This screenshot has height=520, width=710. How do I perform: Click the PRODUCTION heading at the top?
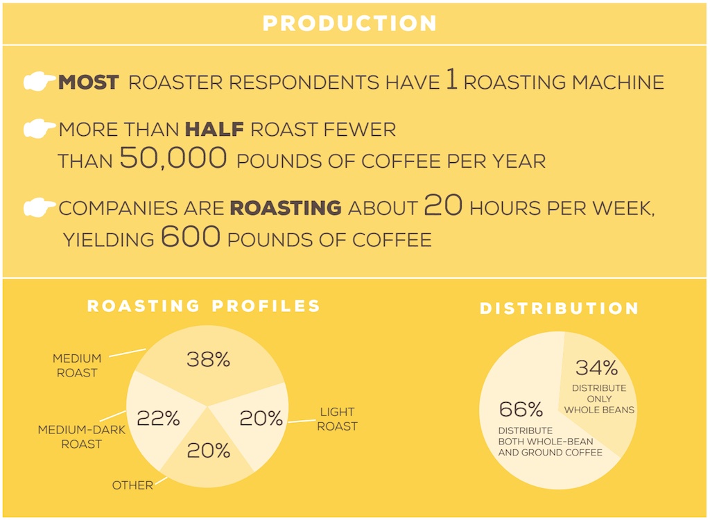click(349, 24)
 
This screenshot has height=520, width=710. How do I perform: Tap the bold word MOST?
click(89, 83)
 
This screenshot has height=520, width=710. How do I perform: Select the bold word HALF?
click(214, 130)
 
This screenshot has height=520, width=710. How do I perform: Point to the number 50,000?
click(173, 158)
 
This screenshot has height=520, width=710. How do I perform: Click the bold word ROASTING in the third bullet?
click(286, 208)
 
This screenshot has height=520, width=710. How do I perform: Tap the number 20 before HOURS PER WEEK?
click(443, 205)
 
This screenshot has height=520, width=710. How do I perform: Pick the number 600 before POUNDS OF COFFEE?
click(191, 236)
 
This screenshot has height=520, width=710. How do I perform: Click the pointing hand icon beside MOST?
click(40, 81)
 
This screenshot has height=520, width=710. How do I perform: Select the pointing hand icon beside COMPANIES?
click(40, 207)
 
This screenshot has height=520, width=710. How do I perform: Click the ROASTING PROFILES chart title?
click(204, 306)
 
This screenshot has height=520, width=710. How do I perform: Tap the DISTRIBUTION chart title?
click(560, 309)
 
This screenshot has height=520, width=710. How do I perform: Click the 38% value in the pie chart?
click(208, 360)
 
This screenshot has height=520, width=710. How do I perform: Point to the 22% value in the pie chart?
click(159, 418)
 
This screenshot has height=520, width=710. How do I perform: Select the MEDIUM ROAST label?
click(77, 365)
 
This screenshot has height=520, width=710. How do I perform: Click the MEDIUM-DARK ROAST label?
click(82, 437)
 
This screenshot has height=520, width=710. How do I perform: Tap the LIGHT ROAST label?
click(338, 419)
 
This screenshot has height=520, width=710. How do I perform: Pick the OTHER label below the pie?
click(132, 485)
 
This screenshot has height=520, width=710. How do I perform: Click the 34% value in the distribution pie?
click(597, 367)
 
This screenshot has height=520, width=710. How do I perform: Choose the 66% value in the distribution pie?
click(521, 410)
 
